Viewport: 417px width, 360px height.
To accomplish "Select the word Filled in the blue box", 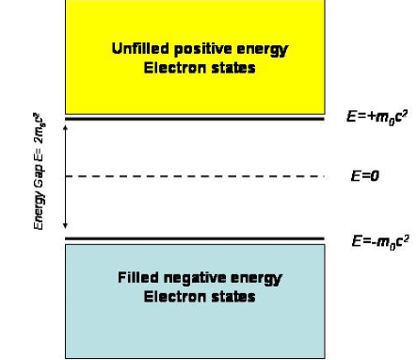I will (x=137, y=279).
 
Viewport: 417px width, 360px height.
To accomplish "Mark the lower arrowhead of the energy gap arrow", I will (x=64, y=228).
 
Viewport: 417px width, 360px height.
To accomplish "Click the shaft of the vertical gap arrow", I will (x=64, y=175).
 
